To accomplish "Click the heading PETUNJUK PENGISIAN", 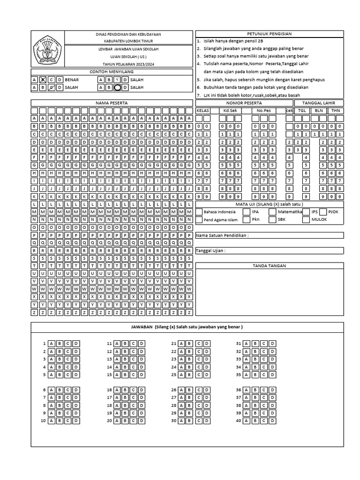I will (x=270, y=34).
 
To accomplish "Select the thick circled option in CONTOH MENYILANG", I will (x=117, y=87).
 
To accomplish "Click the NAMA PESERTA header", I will (x=112, y=103).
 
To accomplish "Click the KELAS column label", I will (x=202, y=111).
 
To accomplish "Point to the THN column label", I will (x=335, y=111).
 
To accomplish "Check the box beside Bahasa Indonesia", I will (x=199, y=212).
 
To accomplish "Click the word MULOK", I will (x=319, y=219).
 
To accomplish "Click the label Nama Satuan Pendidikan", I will (x=222, y=235).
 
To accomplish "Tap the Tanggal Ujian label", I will (x=210, y=251).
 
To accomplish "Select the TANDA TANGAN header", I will (x=270, y=266).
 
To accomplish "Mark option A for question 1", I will (x=51, y=344).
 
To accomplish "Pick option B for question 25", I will (x=188, y=375).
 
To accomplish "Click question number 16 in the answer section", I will (x=109, y=390).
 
